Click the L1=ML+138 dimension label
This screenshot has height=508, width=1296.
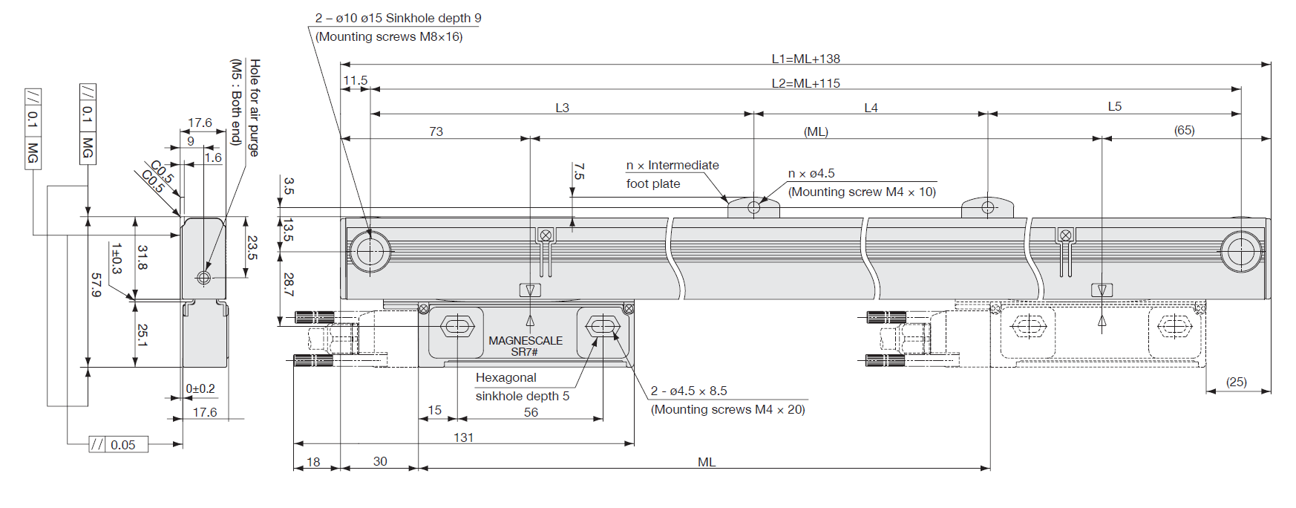805,59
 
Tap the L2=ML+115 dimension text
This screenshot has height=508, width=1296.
805,83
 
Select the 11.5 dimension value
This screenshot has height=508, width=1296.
355,80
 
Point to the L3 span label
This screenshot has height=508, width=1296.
562,108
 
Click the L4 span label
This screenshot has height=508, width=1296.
871,108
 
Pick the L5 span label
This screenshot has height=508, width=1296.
1114,106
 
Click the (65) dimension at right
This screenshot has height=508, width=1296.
1184,130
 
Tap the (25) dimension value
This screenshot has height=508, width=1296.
1236,382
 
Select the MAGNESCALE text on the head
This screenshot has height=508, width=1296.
526,340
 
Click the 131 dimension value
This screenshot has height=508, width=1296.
463,437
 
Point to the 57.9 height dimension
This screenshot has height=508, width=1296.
96,284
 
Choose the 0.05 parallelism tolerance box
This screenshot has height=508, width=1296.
123,445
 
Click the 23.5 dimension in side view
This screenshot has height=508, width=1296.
252,247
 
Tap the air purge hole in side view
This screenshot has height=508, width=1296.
203,278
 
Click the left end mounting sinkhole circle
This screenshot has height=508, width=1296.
370,251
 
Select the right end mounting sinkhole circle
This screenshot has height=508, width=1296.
1240,251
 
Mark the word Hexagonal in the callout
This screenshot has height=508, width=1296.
505,377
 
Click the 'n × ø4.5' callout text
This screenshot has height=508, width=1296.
811,173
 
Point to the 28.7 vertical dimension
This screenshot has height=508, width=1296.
289,284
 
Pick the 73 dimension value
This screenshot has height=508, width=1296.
436,131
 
